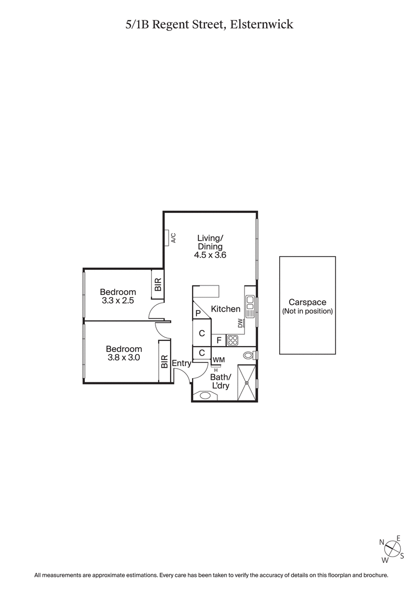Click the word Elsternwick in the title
[264, 24]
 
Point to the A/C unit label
[173, 237]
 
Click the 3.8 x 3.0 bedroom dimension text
[124, 358]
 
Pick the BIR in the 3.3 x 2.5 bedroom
[158, 285]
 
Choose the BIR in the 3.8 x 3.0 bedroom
[164, 361]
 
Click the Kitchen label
[225, 310]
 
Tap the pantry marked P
[198, 313]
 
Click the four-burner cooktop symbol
[233, 340]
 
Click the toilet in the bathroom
[249, 356]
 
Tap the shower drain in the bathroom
[247, 383]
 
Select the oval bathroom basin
[205, 396]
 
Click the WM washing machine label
[218, 360]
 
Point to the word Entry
[181, 363]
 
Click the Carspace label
[307, 302]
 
